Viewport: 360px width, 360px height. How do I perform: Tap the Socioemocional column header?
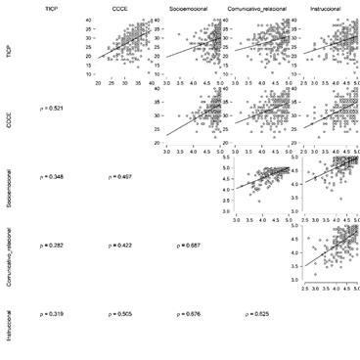coord(191,8)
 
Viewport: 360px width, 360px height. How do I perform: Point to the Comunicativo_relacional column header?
coord(259,8)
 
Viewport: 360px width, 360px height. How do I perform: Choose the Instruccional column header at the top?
coord(328,8)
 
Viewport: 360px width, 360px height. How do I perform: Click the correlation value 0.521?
coord(52,107)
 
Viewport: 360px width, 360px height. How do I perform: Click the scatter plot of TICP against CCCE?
coord(125,49)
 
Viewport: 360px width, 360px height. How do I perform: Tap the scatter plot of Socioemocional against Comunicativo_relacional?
coord(259,181)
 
